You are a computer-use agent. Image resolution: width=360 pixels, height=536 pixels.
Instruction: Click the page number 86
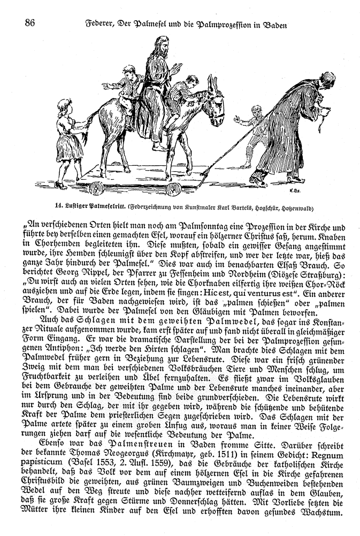coord(29,23)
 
